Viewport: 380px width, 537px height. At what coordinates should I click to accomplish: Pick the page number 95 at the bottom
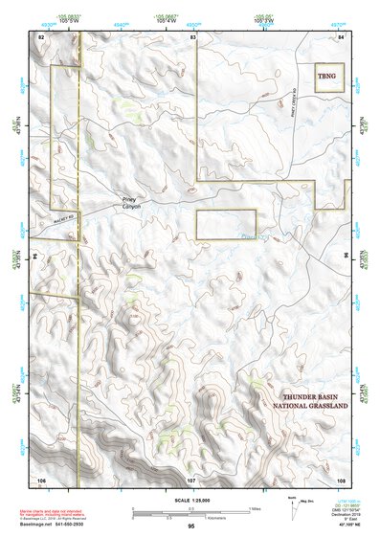pyautogui.click(x=191, y=527)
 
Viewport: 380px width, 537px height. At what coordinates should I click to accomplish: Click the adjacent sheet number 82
pyautogui.click(x=41, y=35)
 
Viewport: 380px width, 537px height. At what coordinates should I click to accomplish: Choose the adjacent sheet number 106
pyautogui.click(x=41, y=478)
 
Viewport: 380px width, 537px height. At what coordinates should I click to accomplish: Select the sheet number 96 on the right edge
pyautogui.click(x=346, y=257)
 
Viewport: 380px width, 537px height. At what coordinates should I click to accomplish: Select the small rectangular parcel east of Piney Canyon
pyautogui.click(x=226, y=224)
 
